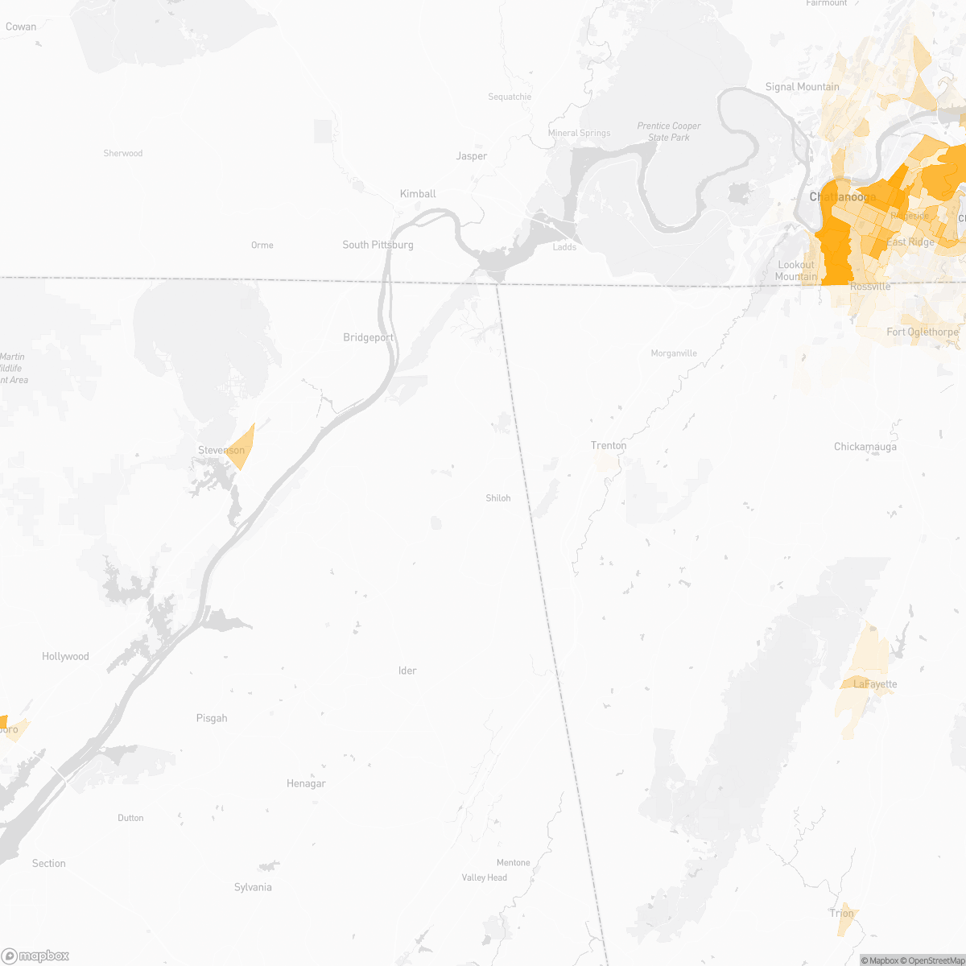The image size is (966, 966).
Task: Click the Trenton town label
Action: [609, 445]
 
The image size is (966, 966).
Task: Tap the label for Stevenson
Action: [221, 450]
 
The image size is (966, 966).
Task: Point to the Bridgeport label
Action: [369, 337]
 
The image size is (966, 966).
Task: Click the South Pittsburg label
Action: [378, 245]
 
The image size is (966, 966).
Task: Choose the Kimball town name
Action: [418, 194]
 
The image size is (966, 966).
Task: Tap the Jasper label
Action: [472, 156]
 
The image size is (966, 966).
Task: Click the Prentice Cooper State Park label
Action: [669, 131]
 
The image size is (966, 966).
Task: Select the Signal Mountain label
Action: [802, 87]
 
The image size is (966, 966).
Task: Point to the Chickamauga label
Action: [865, 447]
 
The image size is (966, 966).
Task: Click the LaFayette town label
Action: [875, 684]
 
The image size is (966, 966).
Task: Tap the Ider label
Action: [407, 671]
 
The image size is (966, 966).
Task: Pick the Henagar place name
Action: [306, 783]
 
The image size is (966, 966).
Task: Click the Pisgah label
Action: [212, 718]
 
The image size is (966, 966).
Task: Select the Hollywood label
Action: [65, 657]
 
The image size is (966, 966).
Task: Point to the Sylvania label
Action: [253, 887]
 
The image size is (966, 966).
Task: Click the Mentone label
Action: [514, 863]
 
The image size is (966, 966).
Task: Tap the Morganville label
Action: [674, 353]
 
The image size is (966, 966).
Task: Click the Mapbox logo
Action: [35, 956]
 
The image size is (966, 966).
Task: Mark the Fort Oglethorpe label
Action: [923, 332]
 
